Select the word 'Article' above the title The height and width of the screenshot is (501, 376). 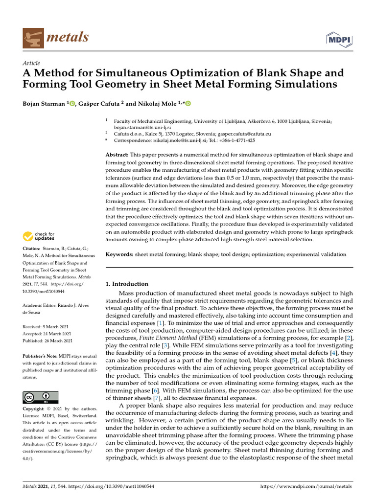click(31, 63)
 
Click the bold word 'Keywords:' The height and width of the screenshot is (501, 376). click(119, 254)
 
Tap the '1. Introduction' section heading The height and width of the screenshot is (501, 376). click(127, 284)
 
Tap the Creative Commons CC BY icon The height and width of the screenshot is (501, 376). click(41, 397)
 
